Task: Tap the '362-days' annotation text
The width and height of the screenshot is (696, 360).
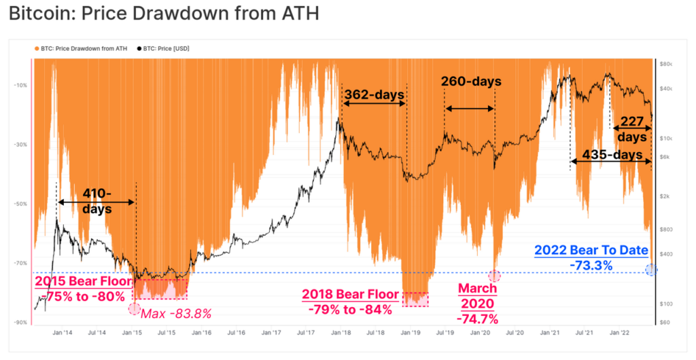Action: (x=374, y=94)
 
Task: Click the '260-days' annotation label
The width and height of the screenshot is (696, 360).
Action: (x=471, y=82)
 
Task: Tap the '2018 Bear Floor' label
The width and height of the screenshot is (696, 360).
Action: (x=347, y=296)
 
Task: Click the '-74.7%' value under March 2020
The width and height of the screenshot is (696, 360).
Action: (x=478, y=319)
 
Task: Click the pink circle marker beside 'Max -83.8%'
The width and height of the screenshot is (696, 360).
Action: (x=134, y=309)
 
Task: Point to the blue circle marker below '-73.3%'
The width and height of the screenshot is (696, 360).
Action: (x=651, y=270)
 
